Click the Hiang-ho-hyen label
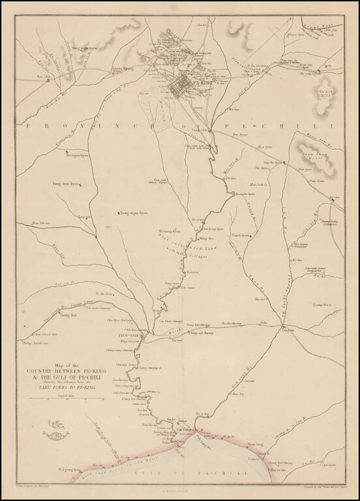(243, 194)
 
